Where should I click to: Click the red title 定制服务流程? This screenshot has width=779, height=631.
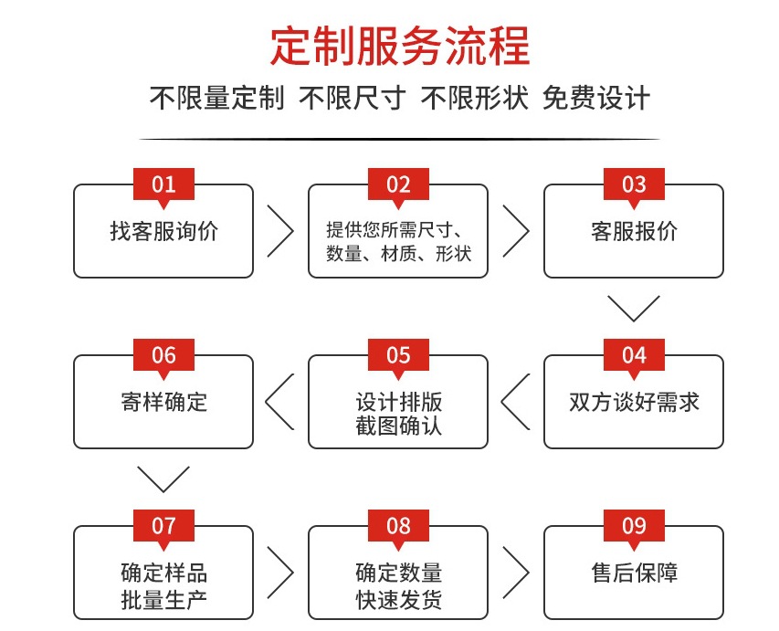[400, 47]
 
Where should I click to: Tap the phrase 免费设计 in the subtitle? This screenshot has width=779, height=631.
[596, 98]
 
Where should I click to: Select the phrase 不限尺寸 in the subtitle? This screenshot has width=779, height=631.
[353, 98]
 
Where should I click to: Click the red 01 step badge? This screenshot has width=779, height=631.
[163, 184]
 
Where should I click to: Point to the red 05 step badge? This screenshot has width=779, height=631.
[398, 356]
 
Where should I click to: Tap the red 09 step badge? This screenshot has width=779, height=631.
[634, 526]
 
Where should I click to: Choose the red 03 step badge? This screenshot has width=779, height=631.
[634, 184]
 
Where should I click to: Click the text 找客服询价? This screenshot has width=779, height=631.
[164, 232]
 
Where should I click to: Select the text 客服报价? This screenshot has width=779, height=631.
[634, 232]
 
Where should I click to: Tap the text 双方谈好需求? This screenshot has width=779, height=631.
[634, 402]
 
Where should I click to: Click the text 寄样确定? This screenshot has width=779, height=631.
[164, 402]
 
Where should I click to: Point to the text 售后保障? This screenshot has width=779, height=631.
[635, 573]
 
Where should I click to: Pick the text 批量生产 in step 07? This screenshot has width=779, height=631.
[164, 600]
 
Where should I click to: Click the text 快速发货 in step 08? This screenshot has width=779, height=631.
[399, 600]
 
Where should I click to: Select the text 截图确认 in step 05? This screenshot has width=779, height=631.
[398, 426]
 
